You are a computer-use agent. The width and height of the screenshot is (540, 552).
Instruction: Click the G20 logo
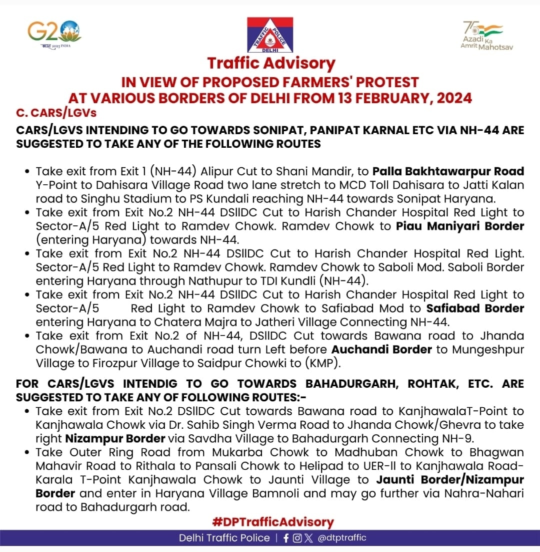(x=54, y=34)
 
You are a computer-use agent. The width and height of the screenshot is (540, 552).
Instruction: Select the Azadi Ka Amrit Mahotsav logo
(x=483, y=35)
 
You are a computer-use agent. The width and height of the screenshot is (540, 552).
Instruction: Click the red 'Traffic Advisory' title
(x=271, y=64)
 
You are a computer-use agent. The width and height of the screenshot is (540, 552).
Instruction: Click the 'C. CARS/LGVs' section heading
(x=56, y=113)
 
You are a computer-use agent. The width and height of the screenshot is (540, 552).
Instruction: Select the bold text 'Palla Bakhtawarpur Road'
(x=448, y=171)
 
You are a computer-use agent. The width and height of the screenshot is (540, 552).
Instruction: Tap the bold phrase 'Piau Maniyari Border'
(x=460, y=226)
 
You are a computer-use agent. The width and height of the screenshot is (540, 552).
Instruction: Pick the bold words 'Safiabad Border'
(x=475, y=308)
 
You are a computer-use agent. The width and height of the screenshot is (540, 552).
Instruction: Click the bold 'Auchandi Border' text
(x=381, y=349)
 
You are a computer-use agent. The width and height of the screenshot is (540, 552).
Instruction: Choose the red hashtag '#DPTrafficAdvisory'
(x=272, y=521)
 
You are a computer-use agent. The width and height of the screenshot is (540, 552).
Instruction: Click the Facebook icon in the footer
(x=286, y=538)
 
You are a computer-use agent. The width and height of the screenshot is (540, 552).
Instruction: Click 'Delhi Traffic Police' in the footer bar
(x=224, y=538)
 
